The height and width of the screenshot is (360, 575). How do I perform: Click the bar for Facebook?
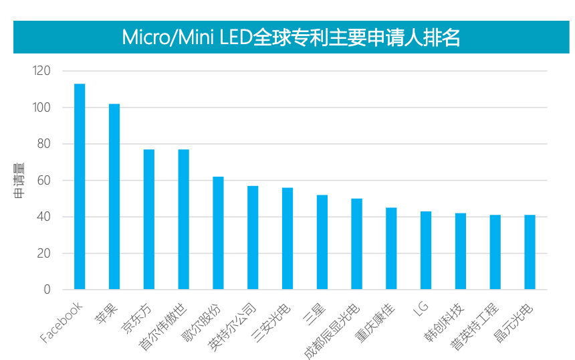80,187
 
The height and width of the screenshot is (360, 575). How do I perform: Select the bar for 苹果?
114,197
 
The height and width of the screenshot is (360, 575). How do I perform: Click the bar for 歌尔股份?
218,233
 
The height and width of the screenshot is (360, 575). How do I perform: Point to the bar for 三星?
322,242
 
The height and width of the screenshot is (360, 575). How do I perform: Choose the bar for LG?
426,250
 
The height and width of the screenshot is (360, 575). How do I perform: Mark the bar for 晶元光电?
530,252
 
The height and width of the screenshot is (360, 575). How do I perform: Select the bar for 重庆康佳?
391,248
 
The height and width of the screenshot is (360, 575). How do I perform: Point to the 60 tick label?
44,181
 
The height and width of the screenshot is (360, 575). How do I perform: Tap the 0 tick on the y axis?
47,290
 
